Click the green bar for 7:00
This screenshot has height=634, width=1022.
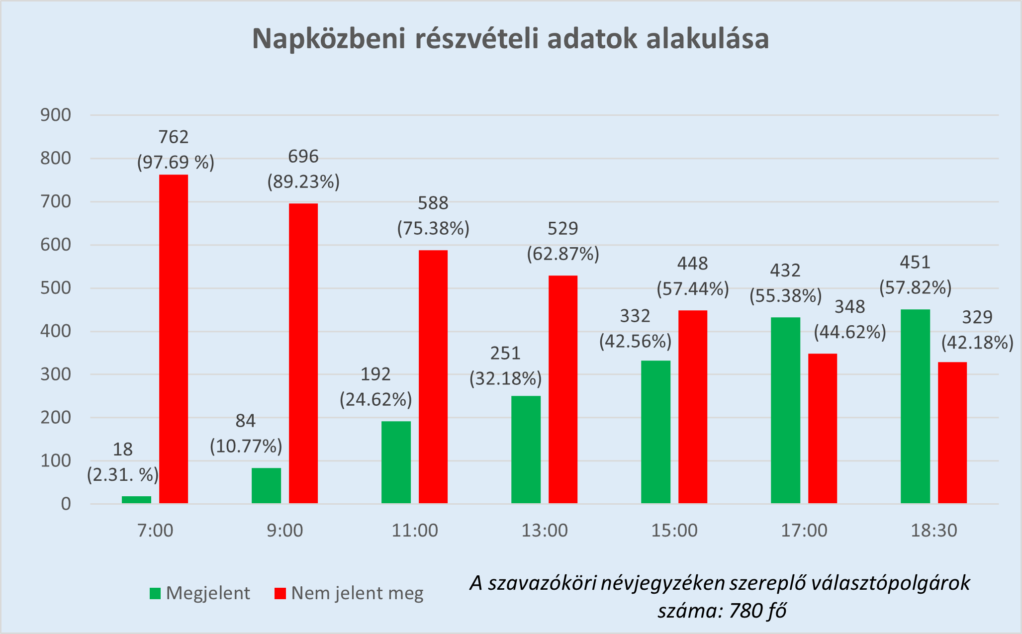(x=136, y=500)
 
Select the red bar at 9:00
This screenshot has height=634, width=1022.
(x=303, y=353)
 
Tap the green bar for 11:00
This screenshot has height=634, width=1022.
(x=396, y=462)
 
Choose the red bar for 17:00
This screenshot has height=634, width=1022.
(x=823, y=428)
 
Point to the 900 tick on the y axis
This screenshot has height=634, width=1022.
(x=56, y=115)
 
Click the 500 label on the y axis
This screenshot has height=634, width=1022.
(x=56, y=288)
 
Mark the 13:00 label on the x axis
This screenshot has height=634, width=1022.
(x=545, y=531)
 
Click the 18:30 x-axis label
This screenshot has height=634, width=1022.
(x=933, y=531)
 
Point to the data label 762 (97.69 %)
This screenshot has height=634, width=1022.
(x=175, y=150)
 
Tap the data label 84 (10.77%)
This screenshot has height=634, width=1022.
(x=246, y=434)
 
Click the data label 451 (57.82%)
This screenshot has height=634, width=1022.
(x=915, y=275)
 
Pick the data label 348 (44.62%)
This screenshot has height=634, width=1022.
(x=850, y=319)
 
